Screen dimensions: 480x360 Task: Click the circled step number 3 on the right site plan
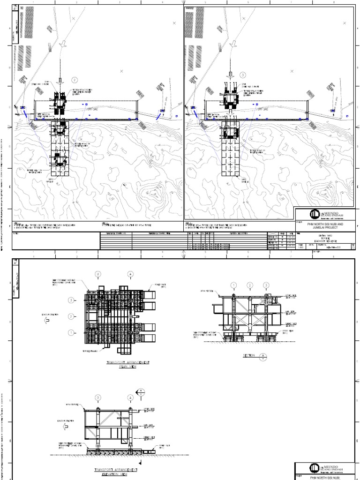[243, 75]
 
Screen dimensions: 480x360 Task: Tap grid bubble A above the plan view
[130, 273]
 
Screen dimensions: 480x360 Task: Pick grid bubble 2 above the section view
[250, 285]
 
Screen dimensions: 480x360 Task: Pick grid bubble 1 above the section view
[234, 285]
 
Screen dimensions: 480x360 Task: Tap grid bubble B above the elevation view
[98, 398]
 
